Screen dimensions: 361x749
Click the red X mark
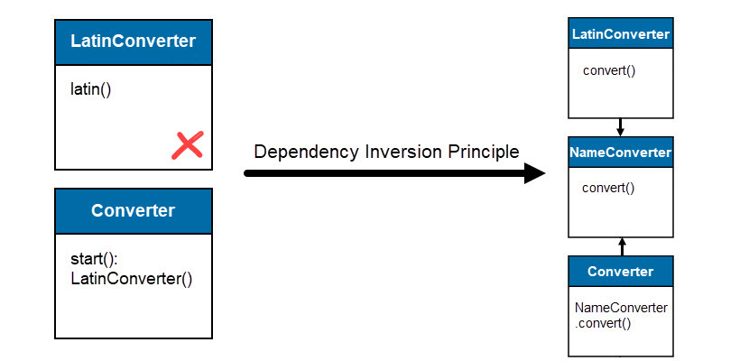point(187,144)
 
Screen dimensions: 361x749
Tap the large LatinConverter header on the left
point(134,42)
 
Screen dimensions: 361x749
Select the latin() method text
point(90,89)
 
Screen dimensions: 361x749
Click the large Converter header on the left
point(134,211)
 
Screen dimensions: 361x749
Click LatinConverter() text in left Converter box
point(132,278)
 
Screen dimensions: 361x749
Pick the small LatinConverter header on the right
point(621,34)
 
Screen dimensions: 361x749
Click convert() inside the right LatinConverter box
point(609,70)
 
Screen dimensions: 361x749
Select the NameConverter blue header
point(621,153)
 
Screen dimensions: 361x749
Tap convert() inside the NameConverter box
point(609,189)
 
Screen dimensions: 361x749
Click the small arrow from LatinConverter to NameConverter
point(620,126)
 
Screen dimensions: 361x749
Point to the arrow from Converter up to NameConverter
point(621,245)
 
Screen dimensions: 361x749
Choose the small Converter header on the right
point(620,271)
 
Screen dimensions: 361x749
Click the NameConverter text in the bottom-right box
point(621,308)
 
